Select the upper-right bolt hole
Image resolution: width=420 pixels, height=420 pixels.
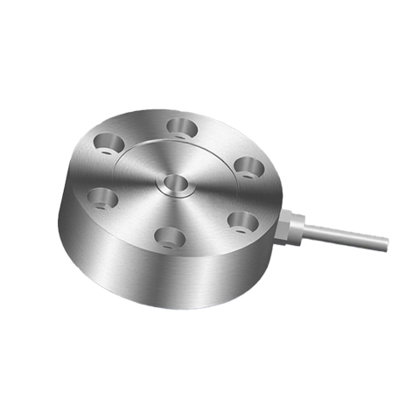tap(248, 164)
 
